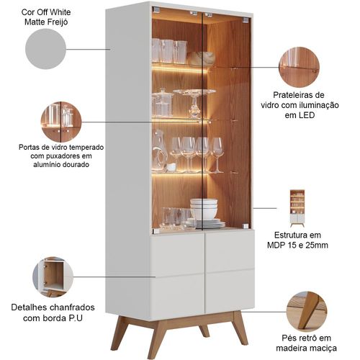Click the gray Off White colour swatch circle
[x=45, y=49]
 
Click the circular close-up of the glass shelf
[x=299, y=67]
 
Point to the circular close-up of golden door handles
[x=61, y=122]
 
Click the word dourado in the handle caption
[x=76, y=165]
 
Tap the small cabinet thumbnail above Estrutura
[x=297, y=208]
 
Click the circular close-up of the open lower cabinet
[x=53, y=276]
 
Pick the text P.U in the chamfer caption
[x=76, y=318]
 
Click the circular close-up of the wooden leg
[x=307, y=312]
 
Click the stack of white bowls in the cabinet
[x=204, y=209]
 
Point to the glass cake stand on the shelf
[x=194, y=103]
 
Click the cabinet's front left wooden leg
[x=157, y=336]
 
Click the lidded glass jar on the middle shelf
[x=163, y=103]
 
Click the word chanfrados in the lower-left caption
[x=72, y=307]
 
